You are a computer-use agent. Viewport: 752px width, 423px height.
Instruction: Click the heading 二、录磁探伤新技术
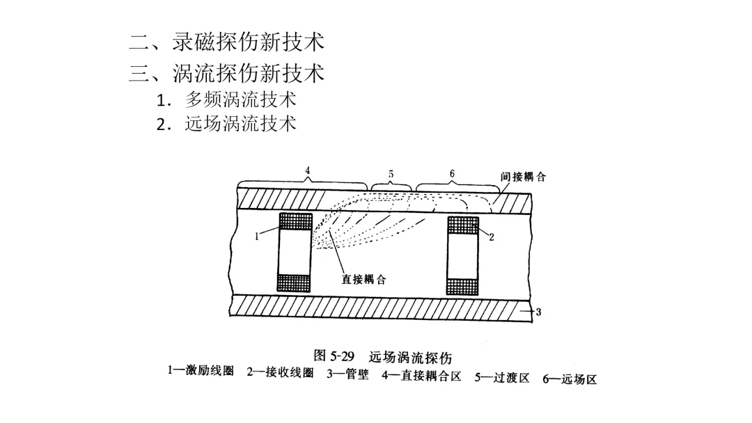(227, 43)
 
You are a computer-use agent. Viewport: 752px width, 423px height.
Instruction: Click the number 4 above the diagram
(307, 170)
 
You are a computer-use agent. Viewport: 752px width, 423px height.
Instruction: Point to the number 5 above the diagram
(391, 174)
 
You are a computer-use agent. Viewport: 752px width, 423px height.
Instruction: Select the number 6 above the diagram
(452, 173)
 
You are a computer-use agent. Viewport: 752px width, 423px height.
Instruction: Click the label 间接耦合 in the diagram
(523, 177)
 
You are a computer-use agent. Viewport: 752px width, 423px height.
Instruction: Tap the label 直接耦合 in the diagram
(363, 280)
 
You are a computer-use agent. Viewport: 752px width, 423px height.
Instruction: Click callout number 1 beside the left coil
(257, 236)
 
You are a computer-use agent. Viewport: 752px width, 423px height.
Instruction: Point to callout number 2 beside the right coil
(491, 237)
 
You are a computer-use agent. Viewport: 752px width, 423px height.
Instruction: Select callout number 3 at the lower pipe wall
(538, 312)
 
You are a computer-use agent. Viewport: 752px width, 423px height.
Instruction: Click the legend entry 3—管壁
(348, 374)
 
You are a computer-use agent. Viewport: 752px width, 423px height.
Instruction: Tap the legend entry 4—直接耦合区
(422, 376)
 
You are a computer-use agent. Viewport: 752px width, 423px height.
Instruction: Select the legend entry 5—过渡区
(502, 378)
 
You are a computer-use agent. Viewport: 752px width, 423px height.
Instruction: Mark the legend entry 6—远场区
(570, 379)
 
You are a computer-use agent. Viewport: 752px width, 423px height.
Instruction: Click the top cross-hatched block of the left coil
(295, 221)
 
